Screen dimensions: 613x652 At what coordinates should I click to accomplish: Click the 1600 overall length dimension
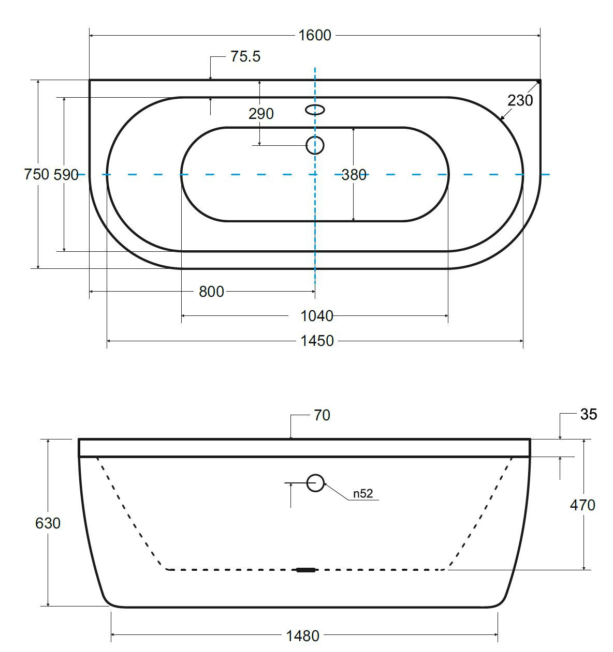pos(314,36)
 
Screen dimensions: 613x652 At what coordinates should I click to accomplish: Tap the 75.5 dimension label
pos(245,56)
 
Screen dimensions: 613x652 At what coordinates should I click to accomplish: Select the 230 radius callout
pos(520,100)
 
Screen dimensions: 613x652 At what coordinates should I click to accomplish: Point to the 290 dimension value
pos(261,114)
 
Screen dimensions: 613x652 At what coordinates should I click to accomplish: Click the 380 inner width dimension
pos(354,175)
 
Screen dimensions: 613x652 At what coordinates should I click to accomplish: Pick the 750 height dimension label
pos(37,174)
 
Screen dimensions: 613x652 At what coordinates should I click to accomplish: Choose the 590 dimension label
pos(66,175)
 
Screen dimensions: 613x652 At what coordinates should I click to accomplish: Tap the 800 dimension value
pos(211,292)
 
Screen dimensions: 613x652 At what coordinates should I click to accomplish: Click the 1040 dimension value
pos(317,316)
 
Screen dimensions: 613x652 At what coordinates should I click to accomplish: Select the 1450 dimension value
pos(317,341)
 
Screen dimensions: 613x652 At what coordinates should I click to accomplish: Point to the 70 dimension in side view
pos(322,415)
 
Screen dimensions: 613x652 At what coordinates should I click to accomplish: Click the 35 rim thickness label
pos(589,414)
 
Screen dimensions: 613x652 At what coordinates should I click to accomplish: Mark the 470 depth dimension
pos(583,505)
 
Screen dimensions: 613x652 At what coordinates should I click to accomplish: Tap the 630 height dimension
pos(48,523)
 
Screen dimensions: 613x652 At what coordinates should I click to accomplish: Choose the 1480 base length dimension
pos(303,636)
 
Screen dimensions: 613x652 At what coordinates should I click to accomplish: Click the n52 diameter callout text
pos(363,493)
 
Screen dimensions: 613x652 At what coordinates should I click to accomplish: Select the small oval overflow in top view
pos(315,110)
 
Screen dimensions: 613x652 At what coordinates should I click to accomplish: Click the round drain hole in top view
pos(315,145)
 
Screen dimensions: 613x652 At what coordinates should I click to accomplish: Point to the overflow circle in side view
pos(315,483)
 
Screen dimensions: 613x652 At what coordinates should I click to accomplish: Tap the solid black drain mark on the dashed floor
pos(306,570)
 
